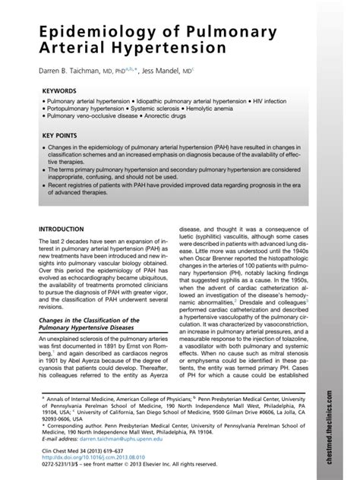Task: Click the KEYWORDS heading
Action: tap(59, 90)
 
